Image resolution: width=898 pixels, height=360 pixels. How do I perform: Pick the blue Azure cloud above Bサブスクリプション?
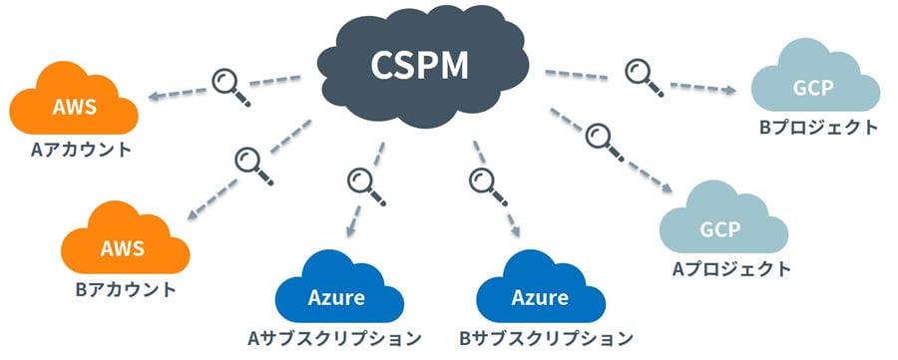click(540, 290)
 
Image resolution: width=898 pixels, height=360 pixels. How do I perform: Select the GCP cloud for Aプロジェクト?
click(719, 228)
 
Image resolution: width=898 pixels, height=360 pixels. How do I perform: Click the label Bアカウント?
click(126, 290)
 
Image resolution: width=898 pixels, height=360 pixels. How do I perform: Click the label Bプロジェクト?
click(817, 128)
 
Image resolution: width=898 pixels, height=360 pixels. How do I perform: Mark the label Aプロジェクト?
click(731, 268)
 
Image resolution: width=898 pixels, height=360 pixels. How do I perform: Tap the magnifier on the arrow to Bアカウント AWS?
click(248, 161)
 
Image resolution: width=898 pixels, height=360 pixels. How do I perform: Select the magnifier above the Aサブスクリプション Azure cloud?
click(360, 182)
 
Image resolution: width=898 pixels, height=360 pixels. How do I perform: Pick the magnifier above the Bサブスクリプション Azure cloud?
click(484, 182)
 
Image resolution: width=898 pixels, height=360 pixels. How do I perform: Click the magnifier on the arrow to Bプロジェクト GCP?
click(640, 75)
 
